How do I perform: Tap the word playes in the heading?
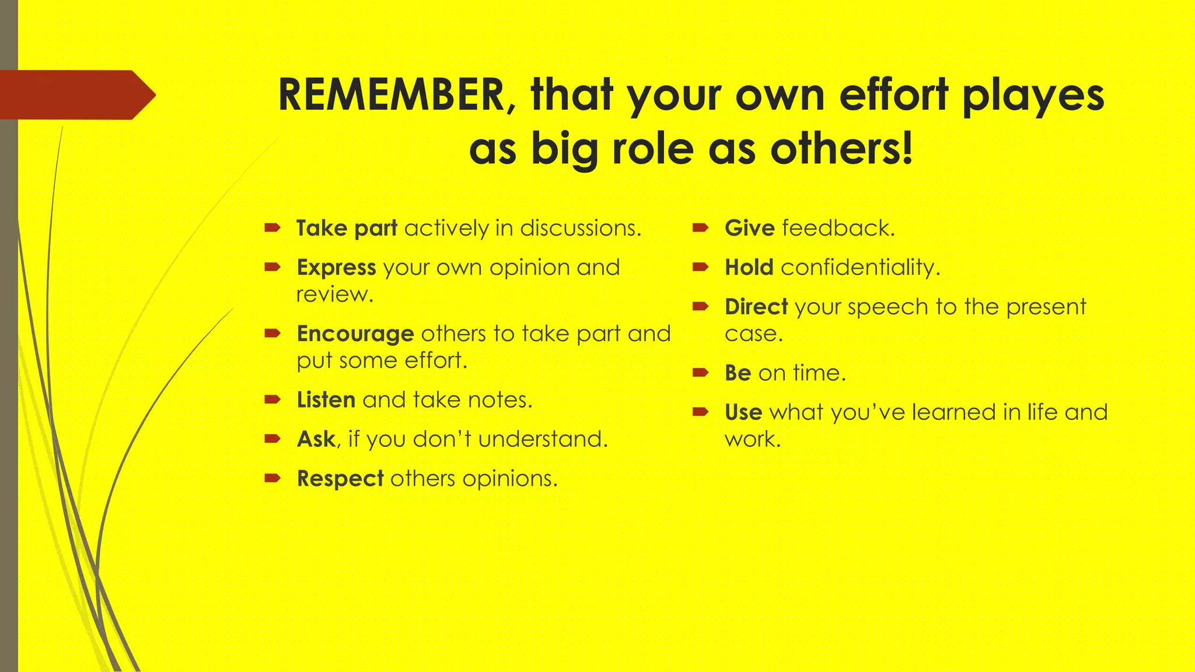coord(1033,96)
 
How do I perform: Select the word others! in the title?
coord(841,149)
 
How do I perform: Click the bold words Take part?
coord(347,228)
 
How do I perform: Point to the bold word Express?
coord(336,268)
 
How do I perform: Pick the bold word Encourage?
coord(355,334)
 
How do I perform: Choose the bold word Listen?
coord(326,400)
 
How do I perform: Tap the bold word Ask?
coord(316,439)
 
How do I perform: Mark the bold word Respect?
coord(340,479)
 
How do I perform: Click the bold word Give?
coord(749,228)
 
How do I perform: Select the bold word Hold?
coord(749,268)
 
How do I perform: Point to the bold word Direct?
coord(756,307)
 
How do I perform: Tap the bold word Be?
coord(738,373)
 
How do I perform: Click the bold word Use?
coord(743,412)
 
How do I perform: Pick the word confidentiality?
coord(860,268)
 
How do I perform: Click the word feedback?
coord(838,228)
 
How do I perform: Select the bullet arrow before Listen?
coord(272,400)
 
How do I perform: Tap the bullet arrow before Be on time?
coord(700,372)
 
